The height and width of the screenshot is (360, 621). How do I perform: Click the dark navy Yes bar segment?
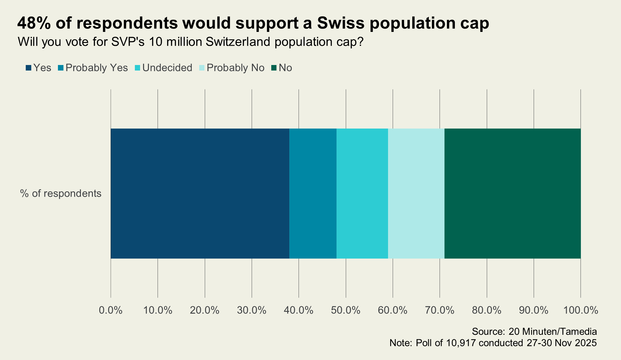coord(200,193)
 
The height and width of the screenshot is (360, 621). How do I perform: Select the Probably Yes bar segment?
coord(313,193)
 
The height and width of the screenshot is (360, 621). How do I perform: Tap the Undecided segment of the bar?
coord(362,193)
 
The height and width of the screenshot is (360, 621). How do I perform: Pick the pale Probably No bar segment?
coord(416,193)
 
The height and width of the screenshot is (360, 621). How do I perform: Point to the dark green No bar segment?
coord(512,193)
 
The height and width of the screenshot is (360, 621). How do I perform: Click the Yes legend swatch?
coord(29,68)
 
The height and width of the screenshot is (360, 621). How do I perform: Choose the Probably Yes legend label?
coord(97,68)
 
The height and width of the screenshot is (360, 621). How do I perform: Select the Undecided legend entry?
coord(167,68)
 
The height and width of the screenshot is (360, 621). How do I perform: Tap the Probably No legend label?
coord(235,68)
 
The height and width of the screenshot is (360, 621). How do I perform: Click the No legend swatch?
coord(274,68)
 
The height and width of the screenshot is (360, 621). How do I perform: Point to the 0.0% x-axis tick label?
coord(111,310)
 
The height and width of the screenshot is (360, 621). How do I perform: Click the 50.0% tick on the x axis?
coord(346,310)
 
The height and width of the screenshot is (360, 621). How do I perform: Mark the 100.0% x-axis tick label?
coord(581,310)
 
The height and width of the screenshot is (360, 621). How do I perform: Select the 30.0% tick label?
coord(252,310)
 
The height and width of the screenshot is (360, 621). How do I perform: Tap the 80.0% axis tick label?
coord(487,310)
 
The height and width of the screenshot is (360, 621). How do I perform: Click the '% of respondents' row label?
coord(61,193)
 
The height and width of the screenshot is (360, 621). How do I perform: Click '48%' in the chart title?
coord(34,23)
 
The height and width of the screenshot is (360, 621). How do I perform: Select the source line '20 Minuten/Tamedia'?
coord(553,331)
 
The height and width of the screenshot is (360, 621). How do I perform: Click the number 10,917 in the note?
coord(461,343)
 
